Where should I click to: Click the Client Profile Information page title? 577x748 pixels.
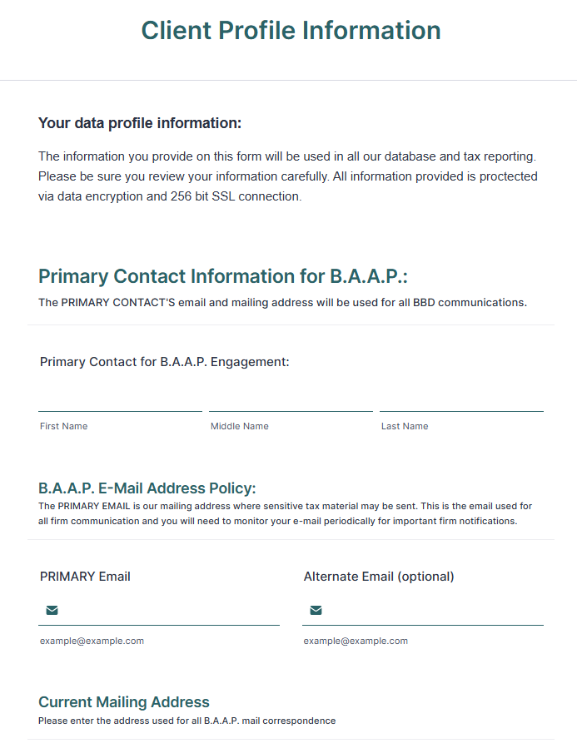291,31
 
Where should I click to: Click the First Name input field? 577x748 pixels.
120,400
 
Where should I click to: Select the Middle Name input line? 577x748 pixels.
291,400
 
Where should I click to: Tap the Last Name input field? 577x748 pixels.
461,400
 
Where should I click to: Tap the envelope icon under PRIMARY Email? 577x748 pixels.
52,611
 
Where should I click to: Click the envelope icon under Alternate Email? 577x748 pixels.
316,611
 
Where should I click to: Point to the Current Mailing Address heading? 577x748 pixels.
124,701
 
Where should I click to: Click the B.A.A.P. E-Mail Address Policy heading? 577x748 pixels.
147,488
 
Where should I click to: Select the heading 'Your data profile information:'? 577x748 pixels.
140,123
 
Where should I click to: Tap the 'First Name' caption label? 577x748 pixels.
63,426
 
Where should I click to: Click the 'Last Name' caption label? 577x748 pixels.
405,426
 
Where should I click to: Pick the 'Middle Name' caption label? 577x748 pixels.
240,426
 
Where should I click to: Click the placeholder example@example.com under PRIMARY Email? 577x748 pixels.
92,641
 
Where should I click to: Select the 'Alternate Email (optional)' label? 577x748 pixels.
379,576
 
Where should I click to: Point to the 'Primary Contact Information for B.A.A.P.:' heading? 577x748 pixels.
223,276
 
